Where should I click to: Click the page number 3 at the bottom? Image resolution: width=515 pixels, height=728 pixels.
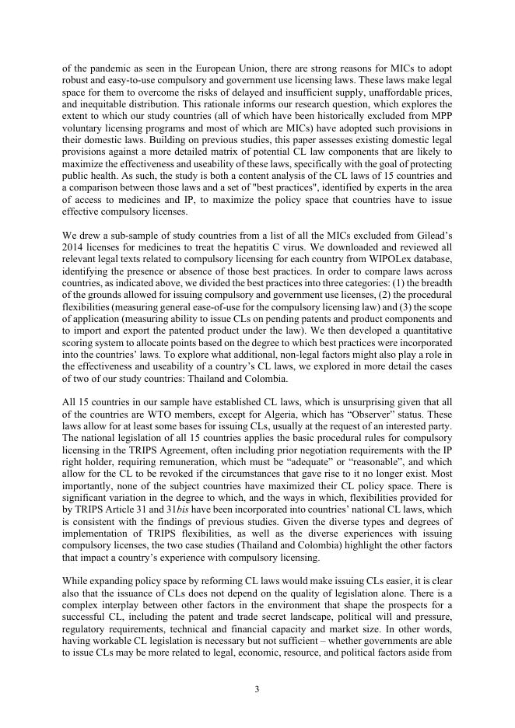coord(257,688)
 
